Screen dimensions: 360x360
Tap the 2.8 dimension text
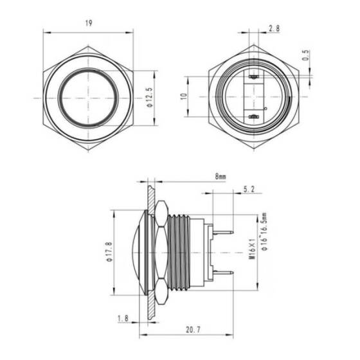[x=274, y=29]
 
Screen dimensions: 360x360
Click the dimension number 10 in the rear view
[x=183, y=96]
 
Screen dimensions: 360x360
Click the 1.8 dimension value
[x=122, y=318]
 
